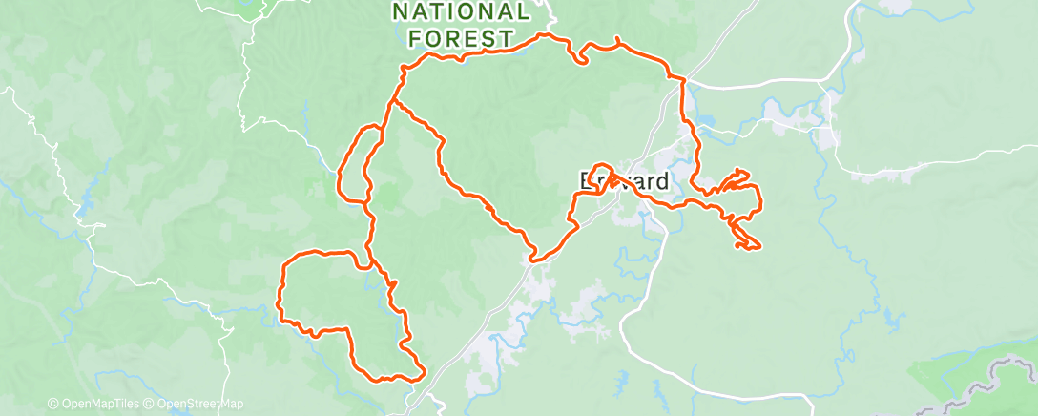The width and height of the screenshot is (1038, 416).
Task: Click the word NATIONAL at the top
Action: (461, 12)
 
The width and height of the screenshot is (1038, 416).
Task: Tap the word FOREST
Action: (461, 39)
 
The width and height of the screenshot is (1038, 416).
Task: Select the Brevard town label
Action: (625, 181)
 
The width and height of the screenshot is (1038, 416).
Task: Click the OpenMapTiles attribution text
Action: (94, 405)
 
